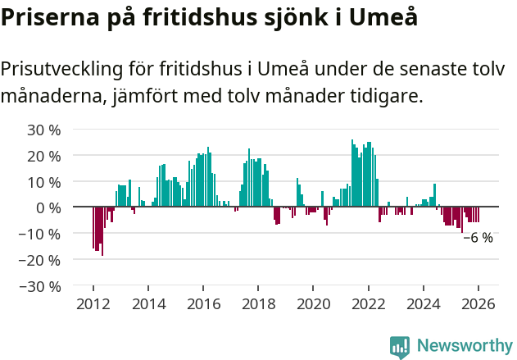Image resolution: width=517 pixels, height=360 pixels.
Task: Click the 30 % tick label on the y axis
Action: click(44, 130)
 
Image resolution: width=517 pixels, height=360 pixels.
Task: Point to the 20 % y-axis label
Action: click(44, 156)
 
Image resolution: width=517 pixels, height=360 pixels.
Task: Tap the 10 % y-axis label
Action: click(44, 182)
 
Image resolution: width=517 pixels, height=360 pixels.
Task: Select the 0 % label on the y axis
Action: click(48, 207)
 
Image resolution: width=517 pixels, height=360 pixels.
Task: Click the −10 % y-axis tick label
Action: click(40, 234)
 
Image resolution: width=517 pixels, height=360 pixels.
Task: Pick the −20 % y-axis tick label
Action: click(40, 260)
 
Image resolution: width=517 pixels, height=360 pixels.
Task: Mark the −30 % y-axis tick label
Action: click(40, 286)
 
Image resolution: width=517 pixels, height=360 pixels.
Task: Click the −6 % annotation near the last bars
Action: click(478, 238)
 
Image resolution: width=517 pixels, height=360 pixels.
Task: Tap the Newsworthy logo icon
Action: click(400, 346)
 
